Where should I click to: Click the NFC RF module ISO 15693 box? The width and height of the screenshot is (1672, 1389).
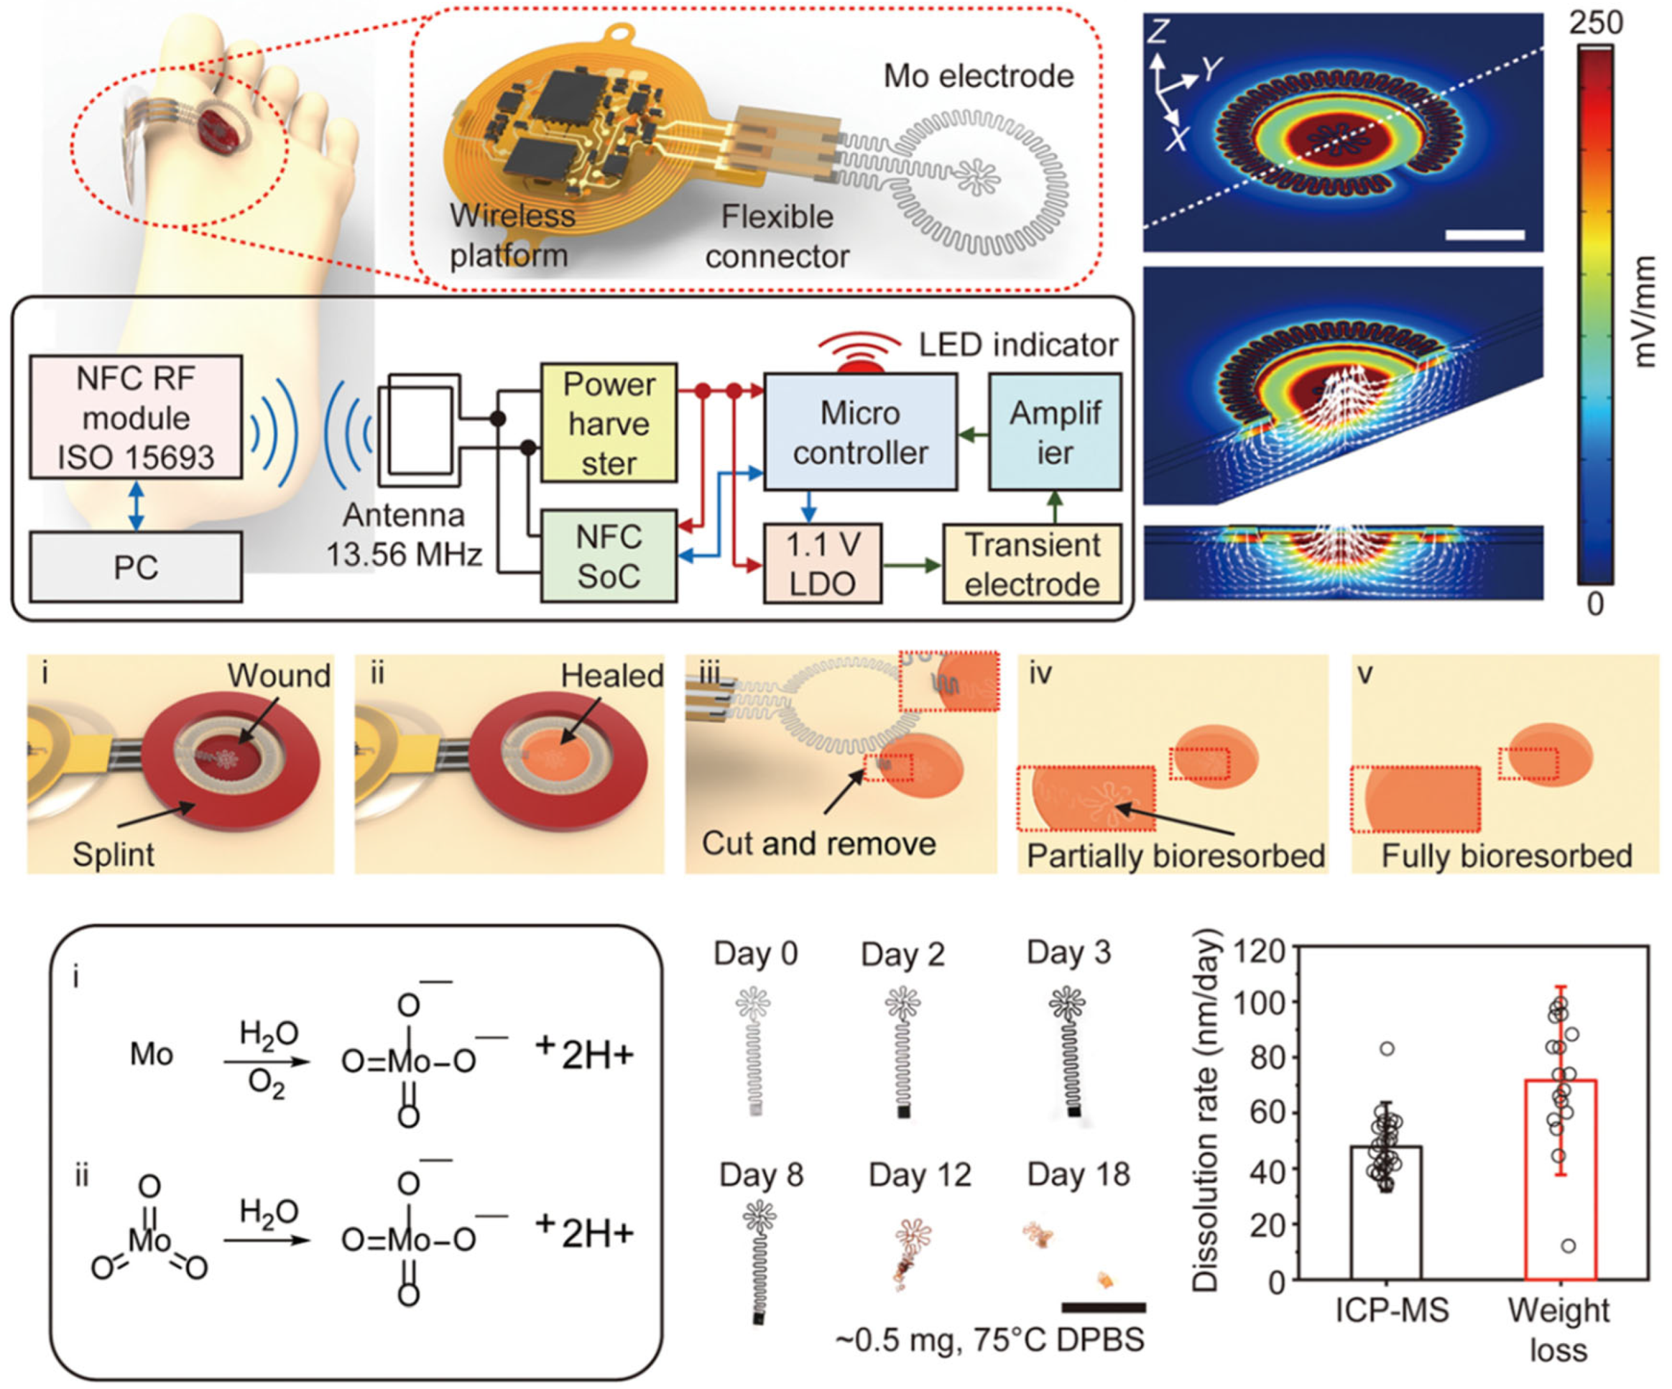point(135,417)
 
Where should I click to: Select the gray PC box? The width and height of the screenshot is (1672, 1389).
point(135,567)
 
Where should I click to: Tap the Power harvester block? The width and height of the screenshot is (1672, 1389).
point(609,422)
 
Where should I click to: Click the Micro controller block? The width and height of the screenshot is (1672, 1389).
point(860,432)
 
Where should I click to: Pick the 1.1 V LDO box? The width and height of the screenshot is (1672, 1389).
point(822,563)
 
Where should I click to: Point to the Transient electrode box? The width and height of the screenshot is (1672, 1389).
point(1032,563)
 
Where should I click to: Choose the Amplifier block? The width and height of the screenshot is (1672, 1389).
point(1055,432)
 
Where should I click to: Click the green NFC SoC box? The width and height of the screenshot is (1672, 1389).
point(609,556)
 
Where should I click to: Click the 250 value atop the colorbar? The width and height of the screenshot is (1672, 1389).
point(1595,22)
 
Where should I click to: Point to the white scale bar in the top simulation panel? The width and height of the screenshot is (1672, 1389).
point(1484,235)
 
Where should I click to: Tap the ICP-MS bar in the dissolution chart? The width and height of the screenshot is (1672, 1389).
point(1386,1212)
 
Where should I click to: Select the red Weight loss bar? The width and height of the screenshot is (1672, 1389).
point(1560,1178)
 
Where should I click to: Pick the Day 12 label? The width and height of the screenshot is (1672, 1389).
point(920,1175)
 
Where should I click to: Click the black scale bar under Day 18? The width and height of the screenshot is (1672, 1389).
point(1103,1307)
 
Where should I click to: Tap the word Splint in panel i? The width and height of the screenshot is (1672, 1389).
point(113,854)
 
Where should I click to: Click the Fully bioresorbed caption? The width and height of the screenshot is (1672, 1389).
point(1506,856)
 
